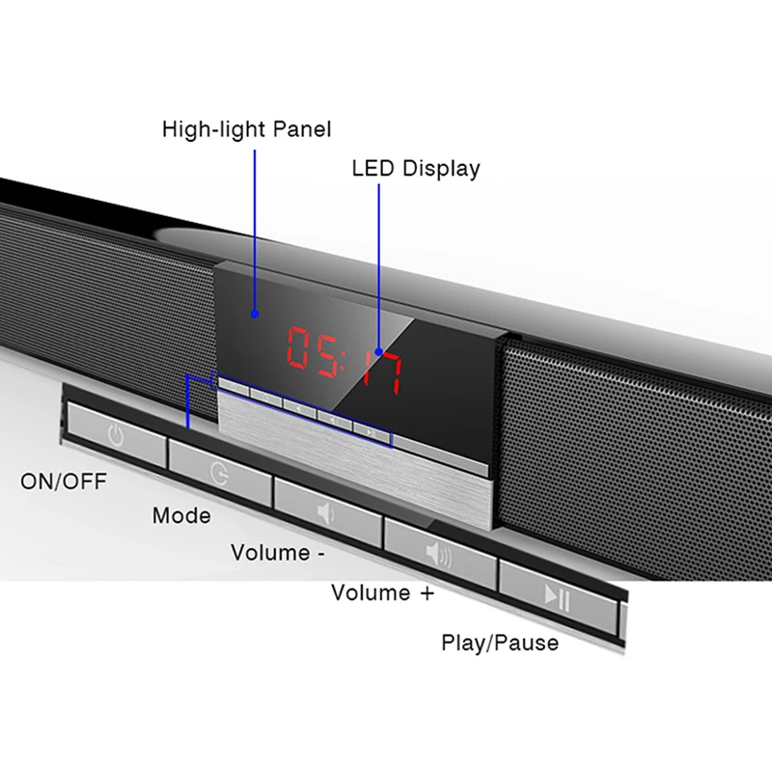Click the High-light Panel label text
coord(247,130)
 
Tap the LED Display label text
coord(416,169)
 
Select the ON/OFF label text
coord(64,482)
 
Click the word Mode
coord(181,516)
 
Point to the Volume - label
coord(278,553)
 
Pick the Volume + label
coord(383,593)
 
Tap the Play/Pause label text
coord(500,643)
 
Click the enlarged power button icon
coord(116,435)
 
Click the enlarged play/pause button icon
coord(558,597)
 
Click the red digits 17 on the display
coord(383,372)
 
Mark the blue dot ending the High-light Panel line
coord(255,314)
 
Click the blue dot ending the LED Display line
coord(378,351)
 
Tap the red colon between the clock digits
coord(346,361)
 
